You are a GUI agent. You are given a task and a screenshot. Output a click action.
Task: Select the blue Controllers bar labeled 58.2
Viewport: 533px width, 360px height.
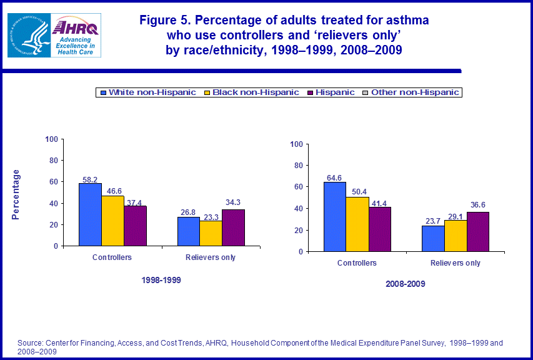(90, 214)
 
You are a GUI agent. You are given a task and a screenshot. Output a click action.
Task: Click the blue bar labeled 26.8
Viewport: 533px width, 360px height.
(188, 231)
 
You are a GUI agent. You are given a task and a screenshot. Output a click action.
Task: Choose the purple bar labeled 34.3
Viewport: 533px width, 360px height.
(233, 227)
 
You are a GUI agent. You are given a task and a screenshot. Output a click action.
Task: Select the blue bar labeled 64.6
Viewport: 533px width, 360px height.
(334, 216)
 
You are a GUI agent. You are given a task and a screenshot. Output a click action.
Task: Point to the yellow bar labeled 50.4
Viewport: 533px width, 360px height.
(357, 224)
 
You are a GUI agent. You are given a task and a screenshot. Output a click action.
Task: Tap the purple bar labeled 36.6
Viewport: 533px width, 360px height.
(477, 232)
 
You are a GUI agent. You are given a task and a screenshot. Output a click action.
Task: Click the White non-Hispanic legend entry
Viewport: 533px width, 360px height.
(147, 92)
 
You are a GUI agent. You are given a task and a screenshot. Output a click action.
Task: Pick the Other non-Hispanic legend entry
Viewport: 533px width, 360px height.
(411, 92)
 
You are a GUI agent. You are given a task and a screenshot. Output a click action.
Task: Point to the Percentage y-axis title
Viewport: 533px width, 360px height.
(17, 194)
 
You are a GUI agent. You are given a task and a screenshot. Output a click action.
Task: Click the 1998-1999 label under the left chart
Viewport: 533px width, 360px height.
(161, 281)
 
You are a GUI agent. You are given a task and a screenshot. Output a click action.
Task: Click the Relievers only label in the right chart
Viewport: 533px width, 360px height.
(456, 263)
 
